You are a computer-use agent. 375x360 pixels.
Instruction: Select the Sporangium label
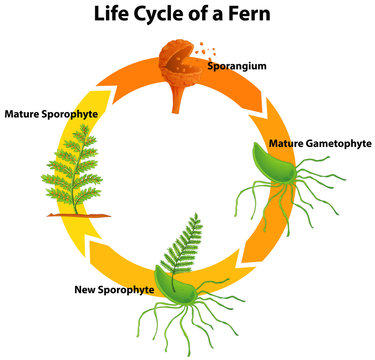point(236,66)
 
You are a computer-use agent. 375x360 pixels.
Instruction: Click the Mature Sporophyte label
point(51,113)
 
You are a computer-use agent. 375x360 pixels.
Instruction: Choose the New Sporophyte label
point(114,290)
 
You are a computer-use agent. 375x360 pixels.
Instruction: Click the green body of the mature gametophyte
point(270,165)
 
